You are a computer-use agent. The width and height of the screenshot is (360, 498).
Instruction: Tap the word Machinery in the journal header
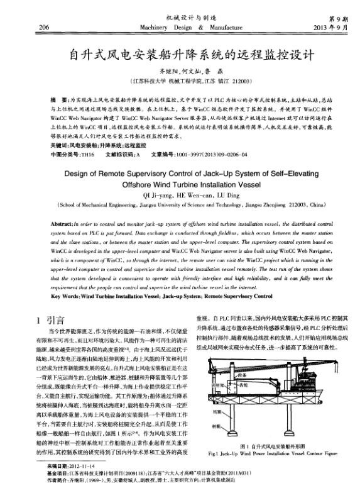[151, 27]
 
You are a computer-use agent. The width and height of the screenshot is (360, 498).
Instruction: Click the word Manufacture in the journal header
[222, 27]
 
